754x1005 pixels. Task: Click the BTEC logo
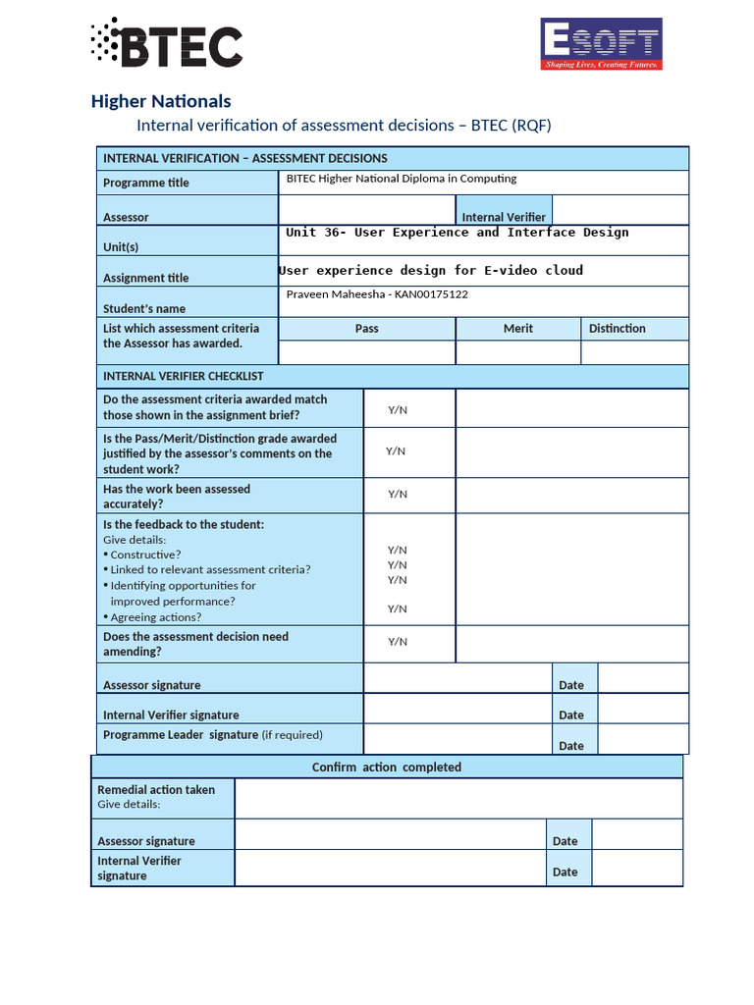[x=166, y=44]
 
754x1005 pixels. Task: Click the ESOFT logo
[x=601, y=44]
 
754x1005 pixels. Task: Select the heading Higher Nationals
[x=161, y=101]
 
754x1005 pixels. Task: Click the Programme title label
[x=146, y=183]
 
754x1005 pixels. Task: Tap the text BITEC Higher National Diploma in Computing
[x=401, y=179]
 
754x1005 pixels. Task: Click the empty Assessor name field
[x=366, y=211]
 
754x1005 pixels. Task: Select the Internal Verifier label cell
[x=504, y=217]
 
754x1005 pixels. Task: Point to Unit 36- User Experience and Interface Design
[x=457, y=233]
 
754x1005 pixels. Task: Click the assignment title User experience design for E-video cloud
[x=431, y=270]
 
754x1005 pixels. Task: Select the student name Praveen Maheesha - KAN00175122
[x=377, y=294]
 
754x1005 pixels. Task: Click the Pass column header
[x=366, y=329]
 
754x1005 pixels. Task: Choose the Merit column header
[x=518, y=329]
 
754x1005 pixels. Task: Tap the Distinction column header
[x=617, y=329]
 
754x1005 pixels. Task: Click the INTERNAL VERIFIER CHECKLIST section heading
[x=184, y=376]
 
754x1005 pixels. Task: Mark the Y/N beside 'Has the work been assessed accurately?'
[x=398, y=495]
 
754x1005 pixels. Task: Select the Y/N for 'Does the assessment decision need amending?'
[x=398, y=642]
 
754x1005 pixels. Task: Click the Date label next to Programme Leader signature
[x=571, y=746]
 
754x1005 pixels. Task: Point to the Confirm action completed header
[x=386, y=767]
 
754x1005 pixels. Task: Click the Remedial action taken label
[x=156, y=790]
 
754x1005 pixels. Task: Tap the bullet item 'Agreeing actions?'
[x=155, y=617]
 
